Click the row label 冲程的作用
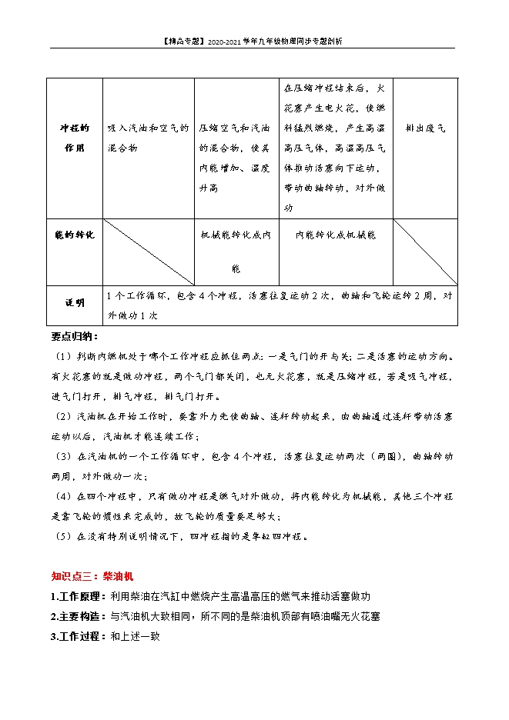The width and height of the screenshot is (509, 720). pyautogui.click(x=75, y=138)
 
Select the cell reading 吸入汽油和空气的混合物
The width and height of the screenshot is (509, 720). pyautogui.click(x=148, y=138)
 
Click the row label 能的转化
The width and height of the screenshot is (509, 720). pyautogui.click(x=75, y=234)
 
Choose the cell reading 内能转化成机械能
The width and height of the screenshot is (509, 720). pyautogui.click(x=336, y=235)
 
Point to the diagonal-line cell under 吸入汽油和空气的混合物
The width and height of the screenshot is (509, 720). pyautogui.click(x=148, y=252)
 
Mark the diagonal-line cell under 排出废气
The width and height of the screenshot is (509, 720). pyautogui.click(x=425, y=252)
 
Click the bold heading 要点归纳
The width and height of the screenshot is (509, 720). pyautogui.click(x=75, y=336)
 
